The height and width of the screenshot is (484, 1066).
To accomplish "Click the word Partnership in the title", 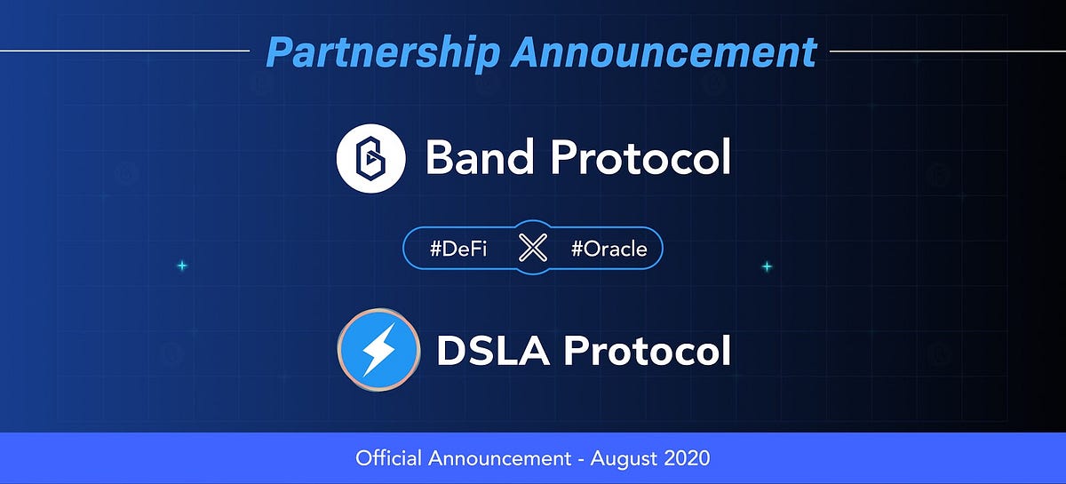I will click(383, 52).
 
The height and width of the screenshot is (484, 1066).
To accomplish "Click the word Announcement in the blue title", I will click(664, 52).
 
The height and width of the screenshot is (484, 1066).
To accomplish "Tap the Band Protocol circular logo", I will click(370, 158).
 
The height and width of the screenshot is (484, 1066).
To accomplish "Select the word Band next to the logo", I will click(479, 158).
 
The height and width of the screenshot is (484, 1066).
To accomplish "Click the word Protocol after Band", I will click(640, 158).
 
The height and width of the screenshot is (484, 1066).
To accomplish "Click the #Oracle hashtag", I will click(609, 249).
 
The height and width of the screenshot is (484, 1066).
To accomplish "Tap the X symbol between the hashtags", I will click(532, 249).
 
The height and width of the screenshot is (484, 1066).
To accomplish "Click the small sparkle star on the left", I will click(181, 266).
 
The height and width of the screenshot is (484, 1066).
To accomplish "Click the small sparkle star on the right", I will click(767, 266).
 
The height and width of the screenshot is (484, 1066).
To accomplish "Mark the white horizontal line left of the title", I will click(124, 51).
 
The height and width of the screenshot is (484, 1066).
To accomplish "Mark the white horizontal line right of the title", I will click(947, 51).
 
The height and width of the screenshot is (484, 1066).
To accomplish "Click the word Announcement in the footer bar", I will click(492, 459).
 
